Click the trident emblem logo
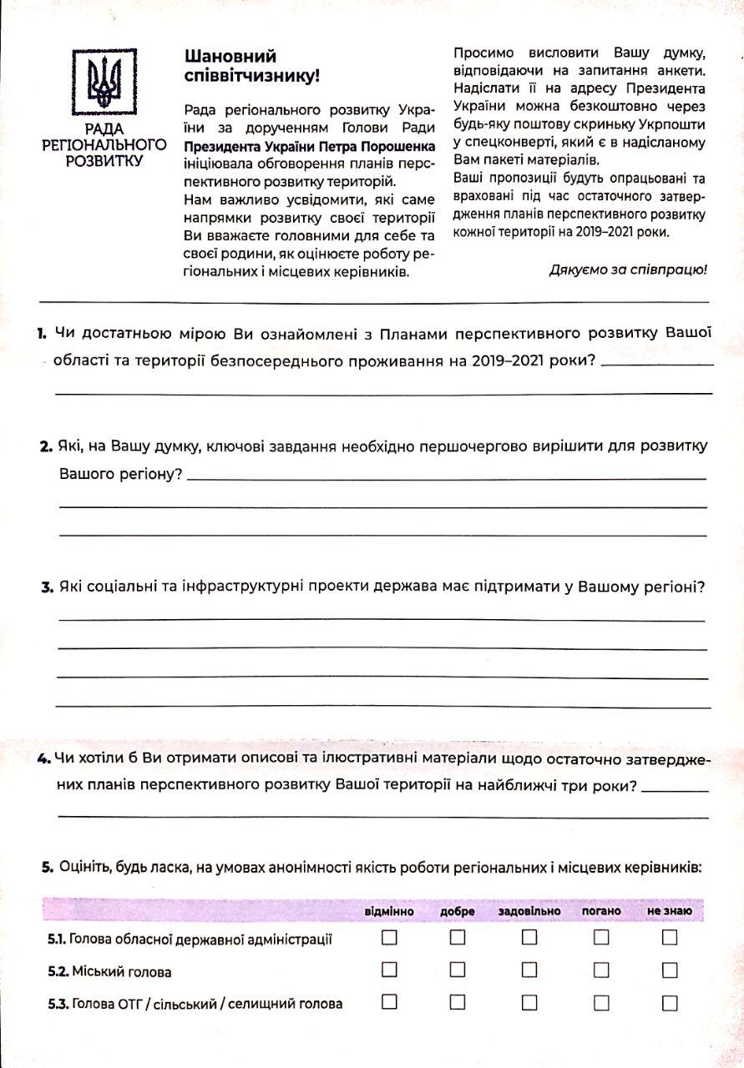pyautogui.click(x=104, y=83)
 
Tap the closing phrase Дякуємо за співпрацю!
pyautogui.click(x=628, y=270)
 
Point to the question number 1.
pyautogui.click(x=42, y=334)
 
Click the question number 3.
pyautogui.click(x=47, y=587)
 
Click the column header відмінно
pyautogui.click(x=389, y=911)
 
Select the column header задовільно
pyautogui.click(x=529, y=911)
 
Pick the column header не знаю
pyautogui.click(x=669, y=911)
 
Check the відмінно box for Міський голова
pyautogui.click(x=389, y=970)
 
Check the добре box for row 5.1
pyautogui.click(x=458, y=938)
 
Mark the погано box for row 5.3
pyautogui.click(x=601, y=1002)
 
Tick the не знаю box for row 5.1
pyautogui.click(x=669, y=938)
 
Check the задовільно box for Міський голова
pyautogui.click(x=529, y=970)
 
